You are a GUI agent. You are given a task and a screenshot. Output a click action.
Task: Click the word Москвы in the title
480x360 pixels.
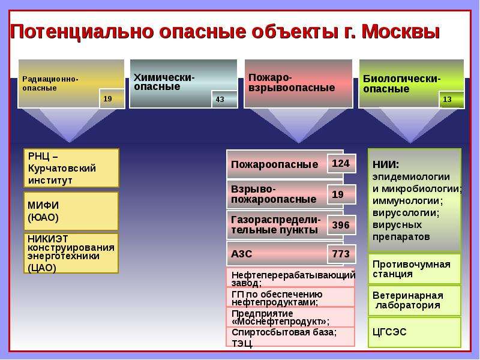coord(401,32)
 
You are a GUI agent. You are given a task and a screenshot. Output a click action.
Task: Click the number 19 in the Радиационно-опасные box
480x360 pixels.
coord(108,99)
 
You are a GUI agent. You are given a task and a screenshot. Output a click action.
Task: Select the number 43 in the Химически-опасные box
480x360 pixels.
coord(220,100)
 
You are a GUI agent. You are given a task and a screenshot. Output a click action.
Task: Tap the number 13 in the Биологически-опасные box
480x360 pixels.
coord(447,100)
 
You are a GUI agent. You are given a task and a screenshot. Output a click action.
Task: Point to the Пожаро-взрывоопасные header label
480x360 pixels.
coord(292,83)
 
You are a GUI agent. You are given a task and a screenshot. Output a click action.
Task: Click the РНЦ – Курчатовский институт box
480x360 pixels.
coord(71,168)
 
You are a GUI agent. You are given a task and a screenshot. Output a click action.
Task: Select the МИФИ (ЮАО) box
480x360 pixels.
coord(71,211)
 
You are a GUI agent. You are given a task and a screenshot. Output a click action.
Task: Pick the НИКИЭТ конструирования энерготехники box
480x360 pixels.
coord(71,253)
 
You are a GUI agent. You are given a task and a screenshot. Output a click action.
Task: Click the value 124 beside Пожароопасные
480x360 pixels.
coord(341,163)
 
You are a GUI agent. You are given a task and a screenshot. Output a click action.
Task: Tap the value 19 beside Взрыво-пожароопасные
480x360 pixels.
coord(338,194)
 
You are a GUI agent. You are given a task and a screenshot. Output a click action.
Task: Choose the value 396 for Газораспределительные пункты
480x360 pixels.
coord(341,225)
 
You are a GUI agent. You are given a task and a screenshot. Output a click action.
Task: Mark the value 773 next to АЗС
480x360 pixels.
coord(341,254)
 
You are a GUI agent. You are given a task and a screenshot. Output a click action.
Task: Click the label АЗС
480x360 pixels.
coord(242,254)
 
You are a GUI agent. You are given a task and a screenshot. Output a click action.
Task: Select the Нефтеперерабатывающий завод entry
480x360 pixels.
coord(293,278)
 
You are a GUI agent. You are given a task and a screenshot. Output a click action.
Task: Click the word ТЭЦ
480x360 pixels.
coord(242,343)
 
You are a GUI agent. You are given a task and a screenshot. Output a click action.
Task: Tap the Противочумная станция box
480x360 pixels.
coord(415,269)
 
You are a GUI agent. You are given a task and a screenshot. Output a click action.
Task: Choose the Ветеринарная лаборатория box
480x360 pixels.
coord(415,301)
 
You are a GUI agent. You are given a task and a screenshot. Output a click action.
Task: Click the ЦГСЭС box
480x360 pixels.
coord(415,332)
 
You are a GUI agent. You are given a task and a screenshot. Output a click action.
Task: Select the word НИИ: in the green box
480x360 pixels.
coord(386,164)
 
